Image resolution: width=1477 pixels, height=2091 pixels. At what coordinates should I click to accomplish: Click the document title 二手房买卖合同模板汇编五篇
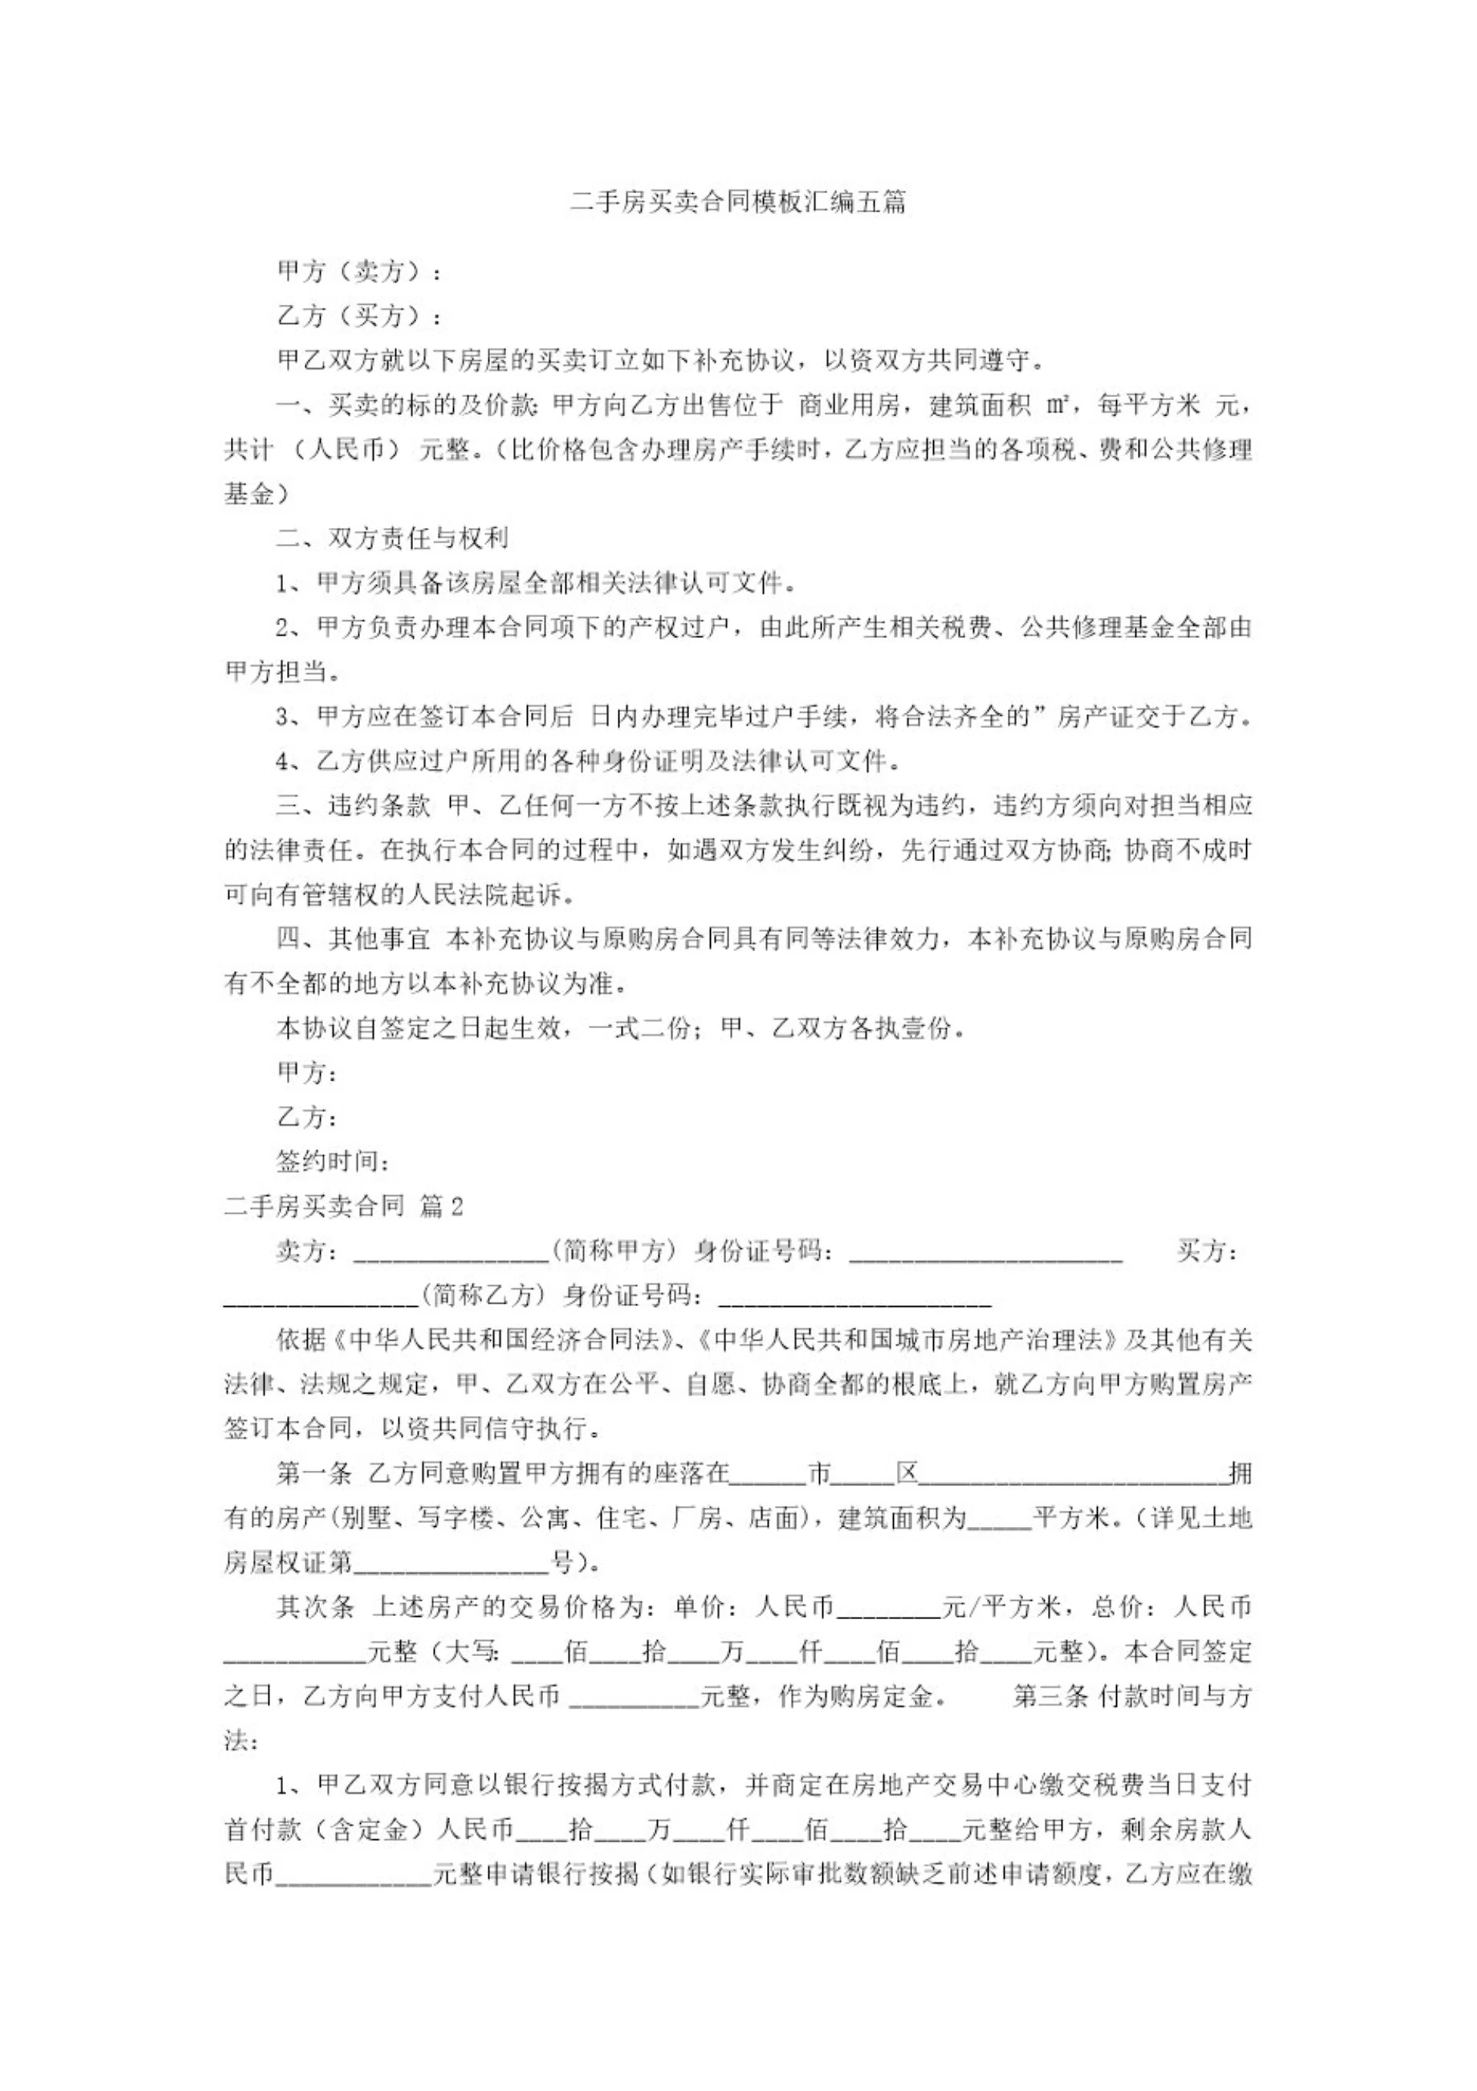point(738,202)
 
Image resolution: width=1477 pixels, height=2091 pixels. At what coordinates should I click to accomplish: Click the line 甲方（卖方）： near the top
point(361,272)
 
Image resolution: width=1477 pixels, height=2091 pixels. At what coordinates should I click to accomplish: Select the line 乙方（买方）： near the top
point(361,316)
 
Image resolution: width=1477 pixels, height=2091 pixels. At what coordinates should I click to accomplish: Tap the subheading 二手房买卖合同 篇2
point(344,1207)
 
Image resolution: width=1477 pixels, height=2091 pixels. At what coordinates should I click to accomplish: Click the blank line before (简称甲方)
point(451,1253)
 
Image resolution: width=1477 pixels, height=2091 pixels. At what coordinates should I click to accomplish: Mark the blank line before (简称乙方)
point(321,1298)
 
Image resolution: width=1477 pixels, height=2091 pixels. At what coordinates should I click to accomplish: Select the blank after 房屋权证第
point(451,1564)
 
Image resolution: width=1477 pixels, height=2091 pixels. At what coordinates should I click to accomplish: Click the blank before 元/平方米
point(888,1608)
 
